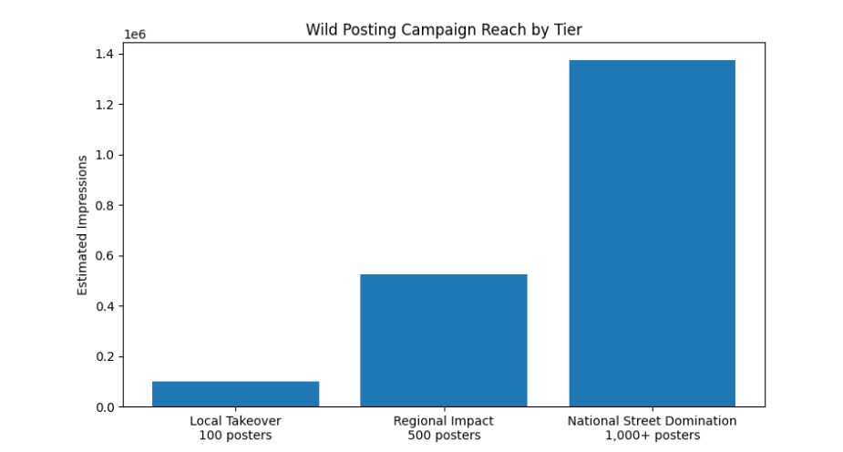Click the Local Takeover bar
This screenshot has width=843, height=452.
click(x=235, y=394)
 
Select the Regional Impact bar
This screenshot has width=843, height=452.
click(x=443, y=340)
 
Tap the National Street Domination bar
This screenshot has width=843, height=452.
click(x=652, y=233)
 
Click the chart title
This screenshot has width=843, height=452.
click(x=443, y=30)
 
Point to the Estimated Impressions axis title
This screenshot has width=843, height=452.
click(x=82, y=224)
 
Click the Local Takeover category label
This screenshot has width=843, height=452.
click(x=235, y=421)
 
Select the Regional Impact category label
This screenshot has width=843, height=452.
click(x=443, y=421)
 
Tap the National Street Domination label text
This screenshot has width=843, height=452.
click(x=652, y=421)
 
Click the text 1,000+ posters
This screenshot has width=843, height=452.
click(x=652, y=436)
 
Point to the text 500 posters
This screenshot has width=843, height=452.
click(x=443, y=436)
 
